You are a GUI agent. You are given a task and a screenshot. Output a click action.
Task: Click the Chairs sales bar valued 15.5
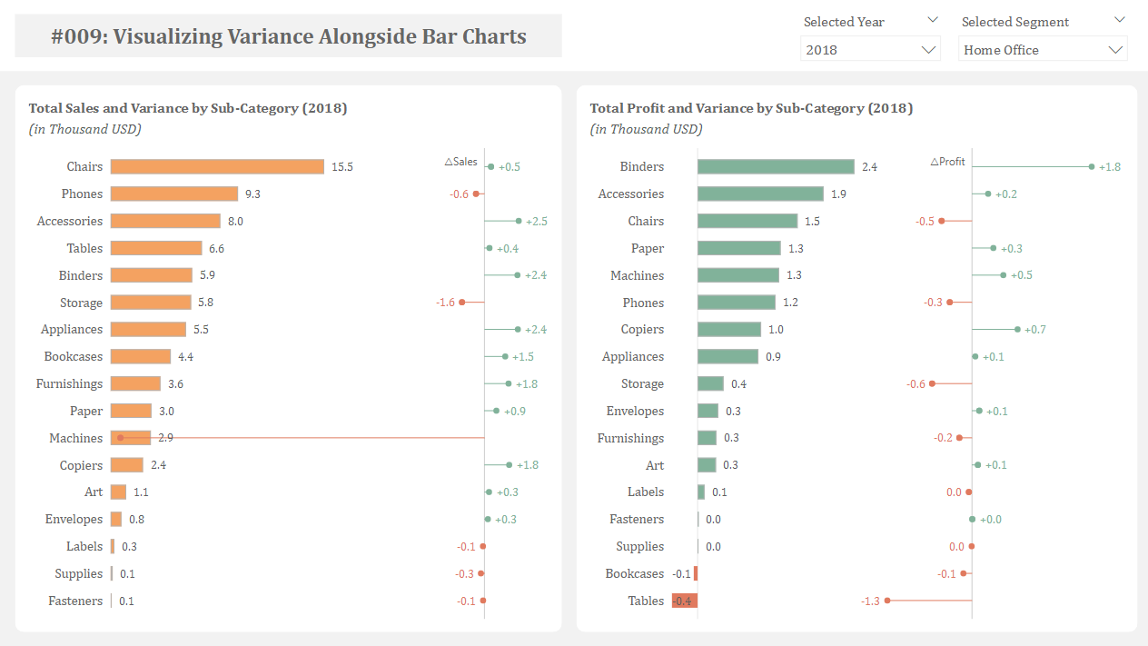[217, 166]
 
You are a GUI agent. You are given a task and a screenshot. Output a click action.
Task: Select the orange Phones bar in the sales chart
[174, 194]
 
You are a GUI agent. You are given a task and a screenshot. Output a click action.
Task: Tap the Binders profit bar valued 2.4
[776, 166]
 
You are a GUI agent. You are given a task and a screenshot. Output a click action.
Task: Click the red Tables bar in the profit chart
[685, 601]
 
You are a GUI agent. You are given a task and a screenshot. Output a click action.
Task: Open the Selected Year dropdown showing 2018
[870, 50]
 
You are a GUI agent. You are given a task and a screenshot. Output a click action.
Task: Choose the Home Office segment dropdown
[1044, 50]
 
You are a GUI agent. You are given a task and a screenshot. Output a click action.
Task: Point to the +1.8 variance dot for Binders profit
[1091, 166]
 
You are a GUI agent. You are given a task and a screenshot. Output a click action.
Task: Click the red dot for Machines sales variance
[120, 438]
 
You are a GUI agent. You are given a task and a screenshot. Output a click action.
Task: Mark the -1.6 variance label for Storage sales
[445, 303]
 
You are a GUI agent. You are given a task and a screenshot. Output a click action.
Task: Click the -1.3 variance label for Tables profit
[870, 601]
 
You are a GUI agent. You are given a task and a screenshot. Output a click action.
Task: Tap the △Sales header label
[460, 162]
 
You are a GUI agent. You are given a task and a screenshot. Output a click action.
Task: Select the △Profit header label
[947, 162]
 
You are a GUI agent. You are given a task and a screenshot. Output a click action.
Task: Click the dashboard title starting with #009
[289, 36]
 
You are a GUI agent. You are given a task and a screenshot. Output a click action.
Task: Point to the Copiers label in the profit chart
[642, 329]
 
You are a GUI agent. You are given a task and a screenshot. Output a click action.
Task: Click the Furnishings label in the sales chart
[69, 383]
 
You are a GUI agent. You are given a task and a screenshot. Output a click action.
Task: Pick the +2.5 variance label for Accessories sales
[536, 221]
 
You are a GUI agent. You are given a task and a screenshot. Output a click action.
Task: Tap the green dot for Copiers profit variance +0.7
[1017, 329]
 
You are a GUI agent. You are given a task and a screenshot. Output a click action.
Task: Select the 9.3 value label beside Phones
[252, 194]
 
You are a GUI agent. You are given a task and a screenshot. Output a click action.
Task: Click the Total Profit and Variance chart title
[751, 108]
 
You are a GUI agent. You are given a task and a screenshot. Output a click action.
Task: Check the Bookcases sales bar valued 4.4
[141, 356]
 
